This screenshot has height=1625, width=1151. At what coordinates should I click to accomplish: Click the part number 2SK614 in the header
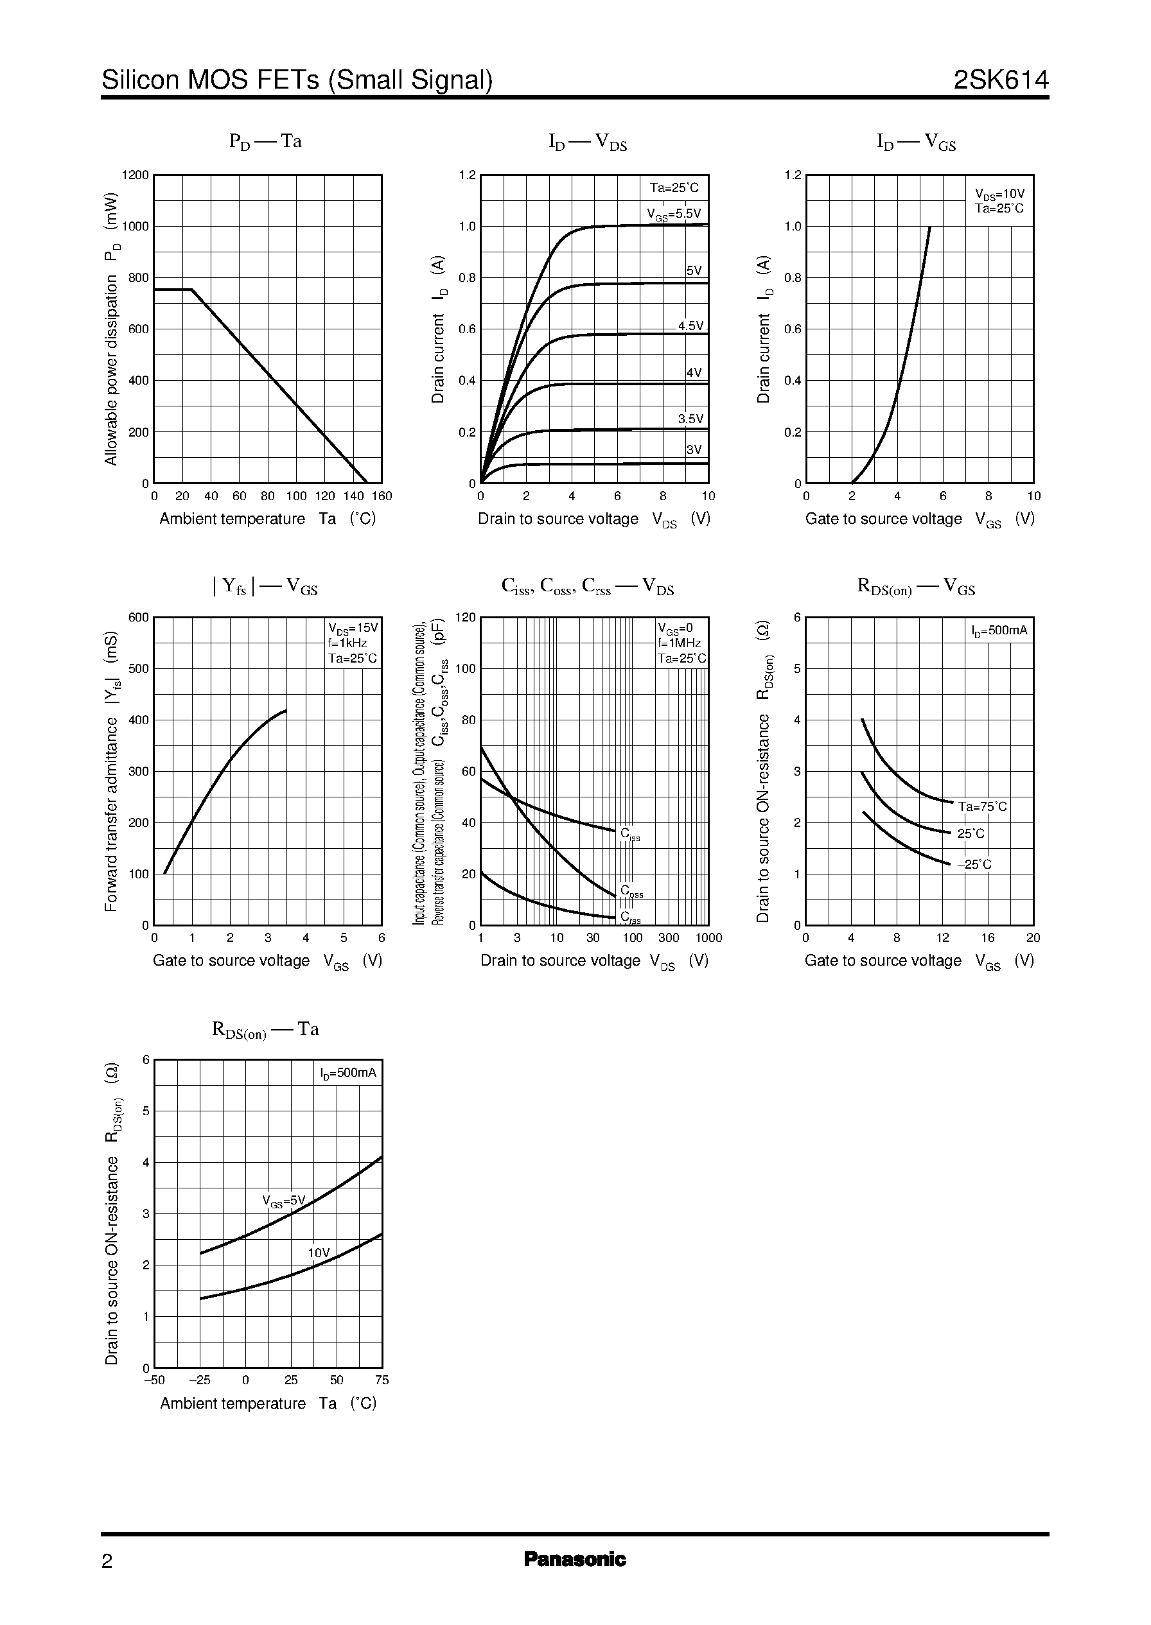1000,80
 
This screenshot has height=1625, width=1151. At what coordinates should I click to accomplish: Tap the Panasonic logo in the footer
575,1559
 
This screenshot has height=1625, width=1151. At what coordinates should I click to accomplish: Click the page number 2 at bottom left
107,1561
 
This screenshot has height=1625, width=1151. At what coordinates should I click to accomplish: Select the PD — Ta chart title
265,142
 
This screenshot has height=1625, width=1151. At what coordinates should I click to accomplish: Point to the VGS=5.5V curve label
673,214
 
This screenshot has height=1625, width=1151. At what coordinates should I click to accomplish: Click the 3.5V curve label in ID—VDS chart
690,419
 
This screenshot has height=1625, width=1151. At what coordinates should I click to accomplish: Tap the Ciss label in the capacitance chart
630,835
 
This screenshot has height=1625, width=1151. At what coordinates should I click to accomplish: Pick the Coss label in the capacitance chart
631,892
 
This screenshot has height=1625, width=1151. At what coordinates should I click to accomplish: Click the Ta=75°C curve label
982,807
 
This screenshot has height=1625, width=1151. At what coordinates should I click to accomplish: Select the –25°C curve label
974,864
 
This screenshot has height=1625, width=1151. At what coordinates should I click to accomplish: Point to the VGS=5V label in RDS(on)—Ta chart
283,1201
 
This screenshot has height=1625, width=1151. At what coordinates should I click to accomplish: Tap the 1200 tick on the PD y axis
136,175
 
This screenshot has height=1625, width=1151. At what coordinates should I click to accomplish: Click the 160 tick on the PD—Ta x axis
382,496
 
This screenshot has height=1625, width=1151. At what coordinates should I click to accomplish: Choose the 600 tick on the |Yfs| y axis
138,618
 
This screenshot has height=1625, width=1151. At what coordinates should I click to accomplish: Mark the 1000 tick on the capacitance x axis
708,939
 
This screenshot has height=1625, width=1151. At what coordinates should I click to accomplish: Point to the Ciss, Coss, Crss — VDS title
588,587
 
